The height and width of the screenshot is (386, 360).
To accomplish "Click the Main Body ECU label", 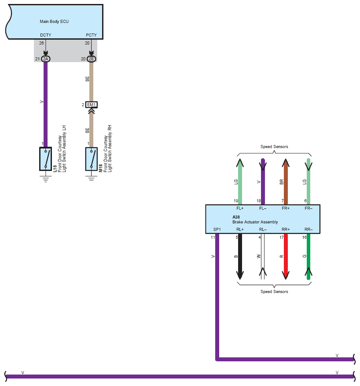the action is pyautogui.click(x=54, y=22).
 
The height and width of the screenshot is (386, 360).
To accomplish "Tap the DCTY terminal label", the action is pyautogui.click(x=45, y=35).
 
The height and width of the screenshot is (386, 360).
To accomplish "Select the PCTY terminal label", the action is pyautogui.click(x=91, y=35).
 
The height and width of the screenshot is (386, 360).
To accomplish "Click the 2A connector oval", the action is pyautogui.click(x=45, y=59).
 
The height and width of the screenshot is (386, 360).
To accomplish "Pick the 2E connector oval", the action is pyautogui.click(x=91, y=59).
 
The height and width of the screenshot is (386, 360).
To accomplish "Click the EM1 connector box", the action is pyautogui.click(x=91, y=104).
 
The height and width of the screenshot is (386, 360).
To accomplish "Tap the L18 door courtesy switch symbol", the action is pyautogui.click(x=45, y=159).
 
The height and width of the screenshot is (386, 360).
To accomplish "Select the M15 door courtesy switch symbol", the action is pyautogui.click(x=91, y=159).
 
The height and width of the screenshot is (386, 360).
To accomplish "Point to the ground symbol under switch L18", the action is pyautogui.click(x=45, y=179).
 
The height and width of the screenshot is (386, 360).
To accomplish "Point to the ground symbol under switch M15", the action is pyautogui.click(x=91, y=178).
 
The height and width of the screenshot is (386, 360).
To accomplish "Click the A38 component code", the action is pyautogui.click(x=236, y=217).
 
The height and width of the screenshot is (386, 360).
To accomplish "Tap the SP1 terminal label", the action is pyautogui.click(x=217, y=230).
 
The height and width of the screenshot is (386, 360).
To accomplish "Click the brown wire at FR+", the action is pyautogui.click(x=286, y=182).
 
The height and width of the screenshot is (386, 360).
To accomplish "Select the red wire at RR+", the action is pyautogui.click(x=286, y=256).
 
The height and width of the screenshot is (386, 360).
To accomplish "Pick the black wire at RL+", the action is pyautogui.click(x=240, y=256).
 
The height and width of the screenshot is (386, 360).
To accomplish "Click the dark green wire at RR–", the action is pyautogui.click(x=309, y=256).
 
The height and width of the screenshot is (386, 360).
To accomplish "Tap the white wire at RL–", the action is pyautogui.click(x=263, y=256).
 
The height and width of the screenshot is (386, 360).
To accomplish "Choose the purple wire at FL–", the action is pyautogui.click(x=263, y=182).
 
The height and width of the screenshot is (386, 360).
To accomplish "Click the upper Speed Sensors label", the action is pyautogui.click(x=274, y=146).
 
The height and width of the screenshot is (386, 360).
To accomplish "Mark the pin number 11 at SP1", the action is pyautogui.click(x=213, y=238).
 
